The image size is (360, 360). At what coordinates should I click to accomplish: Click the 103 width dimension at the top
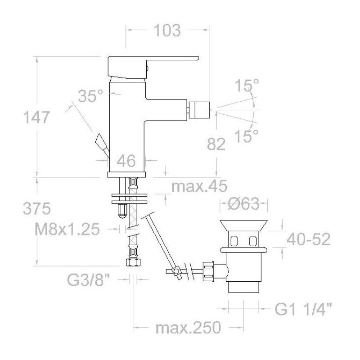click(167, 30)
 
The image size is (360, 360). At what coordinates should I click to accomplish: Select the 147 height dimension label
click(36, 117)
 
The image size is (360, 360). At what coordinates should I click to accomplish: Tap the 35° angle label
click(90, 96)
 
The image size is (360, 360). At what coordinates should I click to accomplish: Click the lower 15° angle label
click(247, 136)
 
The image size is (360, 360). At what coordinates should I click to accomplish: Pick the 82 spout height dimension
click(216, 144)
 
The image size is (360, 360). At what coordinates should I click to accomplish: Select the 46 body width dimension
click(126, 161)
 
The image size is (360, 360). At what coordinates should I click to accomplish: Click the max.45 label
click(199, 186)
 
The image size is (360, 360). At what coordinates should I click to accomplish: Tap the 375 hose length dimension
click(37, 209)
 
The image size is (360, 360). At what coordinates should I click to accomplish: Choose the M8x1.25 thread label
click(67, 229)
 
